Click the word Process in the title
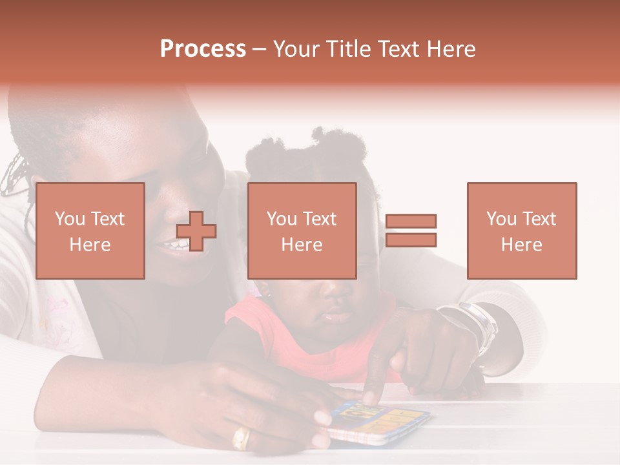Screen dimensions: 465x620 click(203, 49)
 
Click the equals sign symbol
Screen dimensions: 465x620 click(411, 231)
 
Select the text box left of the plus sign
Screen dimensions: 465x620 click(90, 231)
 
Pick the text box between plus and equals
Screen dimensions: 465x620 click(302, 231)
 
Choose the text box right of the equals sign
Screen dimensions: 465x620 click(521, 231)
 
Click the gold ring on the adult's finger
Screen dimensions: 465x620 click(241, 439)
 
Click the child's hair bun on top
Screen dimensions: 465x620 click(329, 139)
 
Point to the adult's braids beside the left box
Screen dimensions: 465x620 click(14, 174)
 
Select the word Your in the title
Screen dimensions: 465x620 click(296, 49)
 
